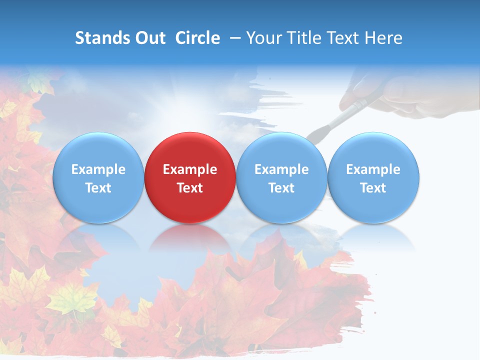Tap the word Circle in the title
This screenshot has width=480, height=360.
click(197, 38)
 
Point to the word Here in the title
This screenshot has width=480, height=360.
click(383, 38)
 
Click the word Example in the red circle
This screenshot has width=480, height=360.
click(189, 169)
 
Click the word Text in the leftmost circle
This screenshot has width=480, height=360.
click(98, 188)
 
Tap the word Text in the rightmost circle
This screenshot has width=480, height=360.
click(373, 188)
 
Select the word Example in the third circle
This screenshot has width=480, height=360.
click(281, 169)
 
